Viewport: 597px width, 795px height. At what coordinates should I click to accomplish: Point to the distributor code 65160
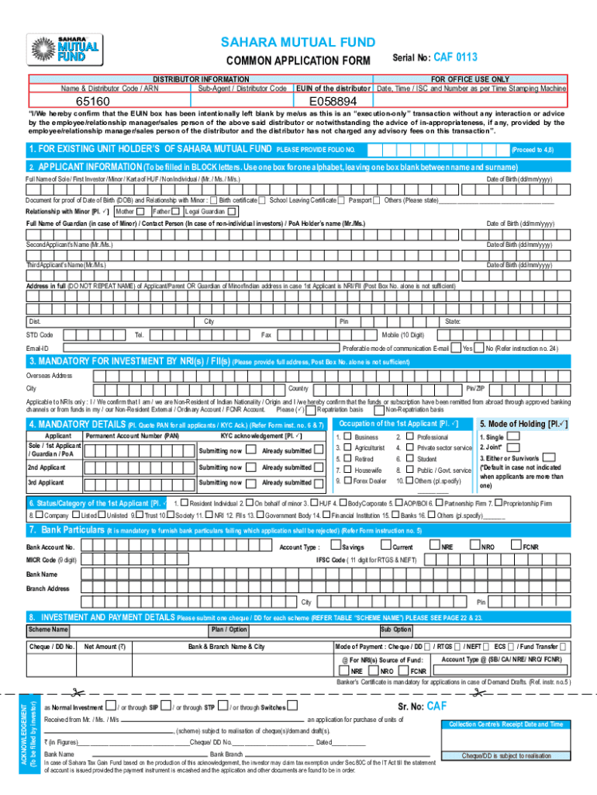[x=92, y=102]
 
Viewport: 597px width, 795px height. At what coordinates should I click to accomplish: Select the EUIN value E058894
[x=333, y=102]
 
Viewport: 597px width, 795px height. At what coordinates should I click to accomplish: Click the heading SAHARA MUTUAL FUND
[x=298, y=42]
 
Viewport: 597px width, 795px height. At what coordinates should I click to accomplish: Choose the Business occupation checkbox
[x=347, y=437]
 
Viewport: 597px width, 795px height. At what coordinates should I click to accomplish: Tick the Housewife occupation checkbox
[x=347, y=470]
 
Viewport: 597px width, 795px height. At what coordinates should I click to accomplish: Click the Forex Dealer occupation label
[x=370, y=481]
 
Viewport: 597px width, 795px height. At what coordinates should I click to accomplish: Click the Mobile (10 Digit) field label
[x=402, y=335]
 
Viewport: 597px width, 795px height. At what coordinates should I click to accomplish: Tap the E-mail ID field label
[x=37, y=349]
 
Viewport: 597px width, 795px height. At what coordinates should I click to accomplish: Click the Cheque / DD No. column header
[x=51, y=646]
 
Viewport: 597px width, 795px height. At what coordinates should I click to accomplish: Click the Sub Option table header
[x=395, y=630]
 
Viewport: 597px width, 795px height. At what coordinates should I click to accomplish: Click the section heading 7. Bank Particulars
[x=66, y=529]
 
